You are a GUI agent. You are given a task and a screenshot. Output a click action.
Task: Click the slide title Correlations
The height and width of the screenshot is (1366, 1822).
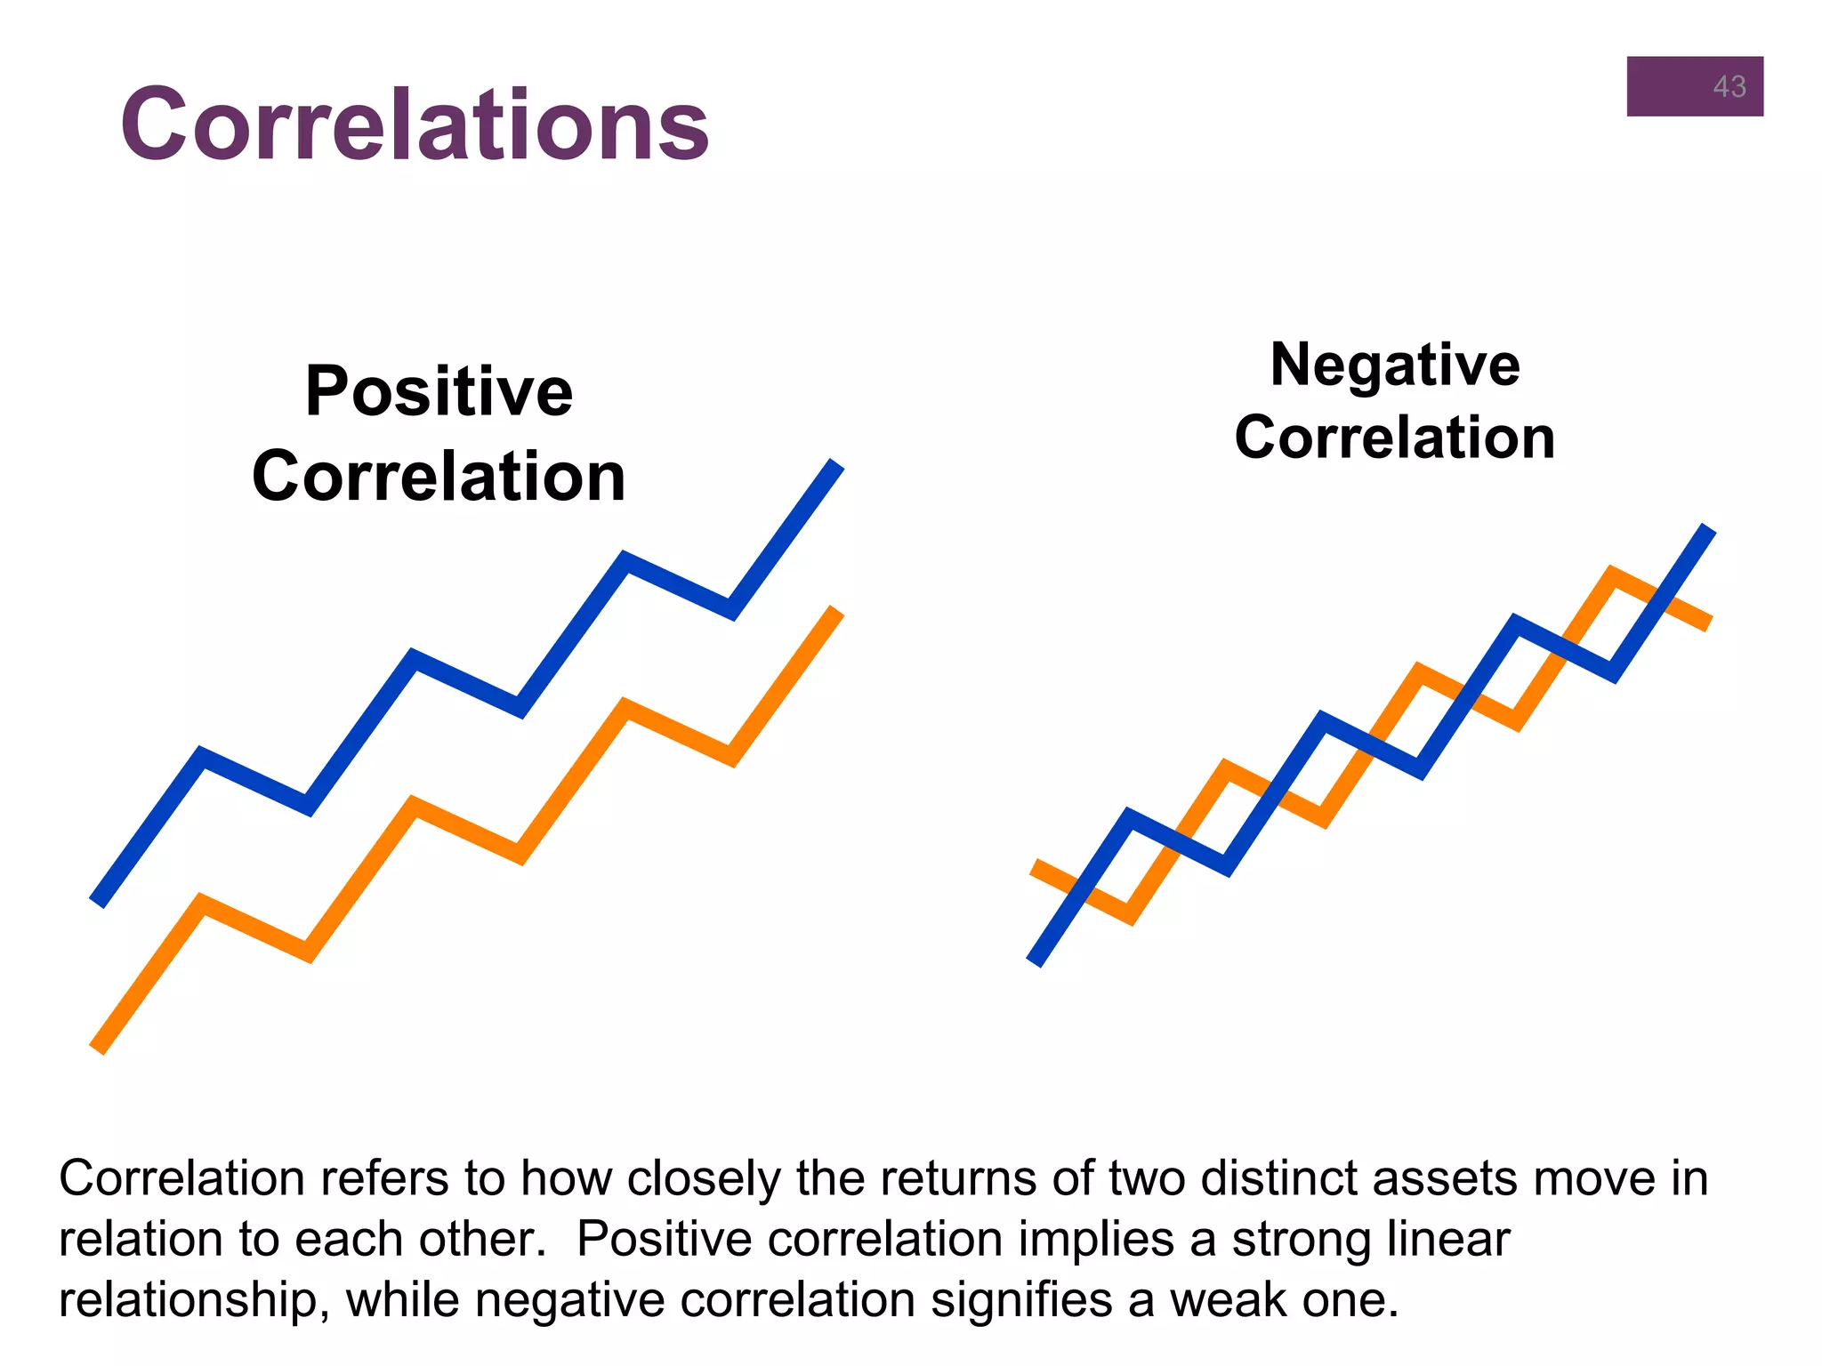415,125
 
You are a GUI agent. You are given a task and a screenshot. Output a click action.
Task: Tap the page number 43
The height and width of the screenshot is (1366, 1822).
1729,87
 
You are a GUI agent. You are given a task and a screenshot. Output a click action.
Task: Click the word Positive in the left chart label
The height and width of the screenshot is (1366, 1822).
439,391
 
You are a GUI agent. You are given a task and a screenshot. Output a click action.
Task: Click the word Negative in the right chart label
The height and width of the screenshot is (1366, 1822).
1395,365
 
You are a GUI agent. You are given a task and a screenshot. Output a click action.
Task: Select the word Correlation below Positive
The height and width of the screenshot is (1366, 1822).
439,477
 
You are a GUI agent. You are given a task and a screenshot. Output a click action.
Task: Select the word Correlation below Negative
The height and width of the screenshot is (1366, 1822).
1394,438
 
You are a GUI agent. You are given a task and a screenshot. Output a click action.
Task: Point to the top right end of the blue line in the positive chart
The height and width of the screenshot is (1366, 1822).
834,466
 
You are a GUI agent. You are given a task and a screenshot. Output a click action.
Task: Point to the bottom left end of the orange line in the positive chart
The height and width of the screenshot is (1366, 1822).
99,1048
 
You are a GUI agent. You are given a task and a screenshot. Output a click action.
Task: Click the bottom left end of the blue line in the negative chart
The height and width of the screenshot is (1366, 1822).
1036,960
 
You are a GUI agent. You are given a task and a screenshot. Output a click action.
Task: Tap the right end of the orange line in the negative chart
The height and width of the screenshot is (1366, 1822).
1706,622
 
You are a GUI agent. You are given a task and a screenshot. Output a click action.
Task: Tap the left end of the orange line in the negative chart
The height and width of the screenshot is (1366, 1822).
1036,867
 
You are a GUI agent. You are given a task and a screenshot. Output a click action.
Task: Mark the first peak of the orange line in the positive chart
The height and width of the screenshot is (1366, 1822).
203,904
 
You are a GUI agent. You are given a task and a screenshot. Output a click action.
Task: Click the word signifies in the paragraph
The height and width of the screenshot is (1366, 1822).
1021,1299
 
